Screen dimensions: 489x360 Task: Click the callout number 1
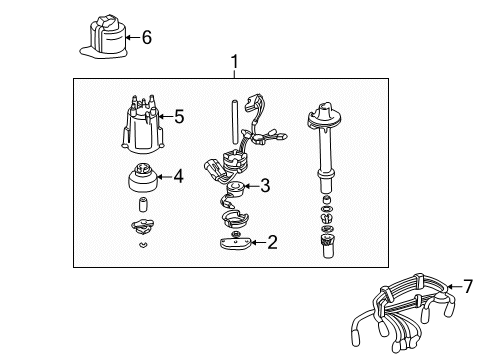(235, 62)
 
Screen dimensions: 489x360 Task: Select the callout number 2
(272, 242)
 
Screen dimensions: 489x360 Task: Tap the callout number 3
(265, 185)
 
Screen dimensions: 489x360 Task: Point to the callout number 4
(179, 176)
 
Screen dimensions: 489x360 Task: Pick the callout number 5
(179, 117)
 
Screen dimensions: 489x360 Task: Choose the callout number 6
(147, 37)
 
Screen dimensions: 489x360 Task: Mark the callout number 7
(468, 286)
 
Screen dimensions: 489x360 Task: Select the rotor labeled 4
(143, 178)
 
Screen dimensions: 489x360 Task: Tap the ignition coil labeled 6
(105, 37)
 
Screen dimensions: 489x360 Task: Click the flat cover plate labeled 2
(235, 243)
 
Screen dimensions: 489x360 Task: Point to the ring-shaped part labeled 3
(236, 189)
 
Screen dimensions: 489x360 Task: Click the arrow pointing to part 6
(133, 37)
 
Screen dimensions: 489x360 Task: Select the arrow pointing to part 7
(454, 286)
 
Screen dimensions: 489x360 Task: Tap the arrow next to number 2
(258, 242)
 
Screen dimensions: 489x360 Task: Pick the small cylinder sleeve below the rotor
(143, 204)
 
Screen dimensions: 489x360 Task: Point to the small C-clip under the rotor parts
(143, 245)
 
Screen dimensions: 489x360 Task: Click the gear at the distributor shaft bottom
(328, 240)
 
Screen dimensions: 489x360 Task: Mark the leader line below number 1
(235, 74)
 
